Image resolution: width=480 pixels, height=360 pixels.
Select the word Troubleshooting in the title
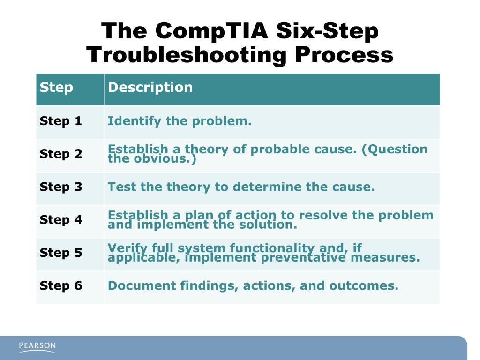[186, 55]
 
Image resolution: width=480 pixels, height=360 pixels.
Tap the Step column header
[56, 88]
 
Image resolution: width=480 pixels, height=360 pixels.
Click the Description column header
[150, 88]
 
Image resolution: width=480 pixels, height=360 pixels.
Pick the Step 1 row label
[61, 121]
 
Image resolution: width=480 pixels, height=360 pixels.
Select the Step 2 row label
[61, 154]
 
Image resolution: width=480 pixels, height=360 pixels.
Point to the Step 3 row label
[61, 187]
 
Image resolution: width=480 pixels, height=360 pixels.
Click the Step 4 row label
[61, 220]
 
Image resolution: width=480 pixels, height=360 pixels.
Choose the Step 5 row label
[61, 253]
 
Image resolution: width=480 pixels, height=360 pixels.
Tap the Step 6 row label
[61, 286]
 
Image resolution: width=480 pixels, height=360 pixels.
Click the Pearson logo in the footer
[37, 347]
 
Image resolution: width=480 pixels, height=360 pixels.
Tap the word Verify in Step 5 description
[124, 248]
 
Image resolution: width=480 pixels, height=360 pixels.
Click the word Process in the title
[344, 55]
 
